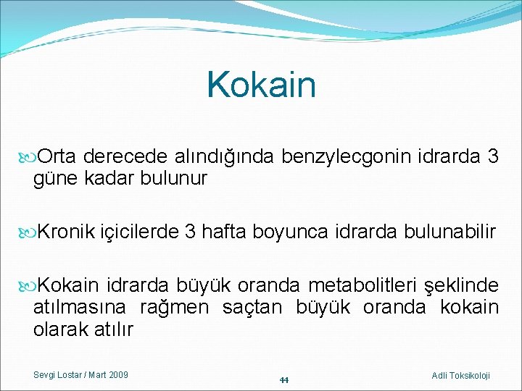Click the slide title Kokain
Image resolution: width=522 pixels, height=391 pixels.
[261, 85]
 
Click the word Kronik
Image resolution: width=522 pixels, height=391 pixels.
[66, 232]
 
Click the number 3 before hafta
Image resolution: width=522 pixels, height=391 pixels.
[190, 232]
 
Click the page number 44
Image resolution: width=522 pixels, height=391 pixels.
[283, 380]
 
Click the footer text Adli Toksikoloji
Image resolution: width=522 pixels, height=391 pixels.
[460, 375]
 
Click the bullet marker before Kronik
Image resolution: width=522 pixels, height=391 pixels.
[27, 232]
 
